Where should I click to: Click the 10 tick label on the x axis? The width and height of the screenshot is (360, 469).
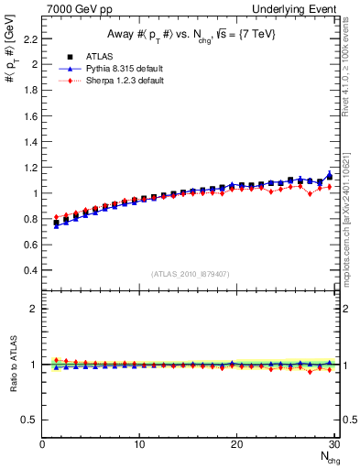coord(139,444)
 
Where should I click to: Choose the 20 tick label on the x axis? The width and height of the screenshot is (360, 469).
coord(236,444)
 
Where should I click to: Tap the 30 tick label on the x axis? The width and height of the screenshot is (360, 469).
coord(333,444)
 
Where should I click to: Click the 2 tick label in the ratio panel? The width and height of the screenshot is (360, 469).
coord(33,309)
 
